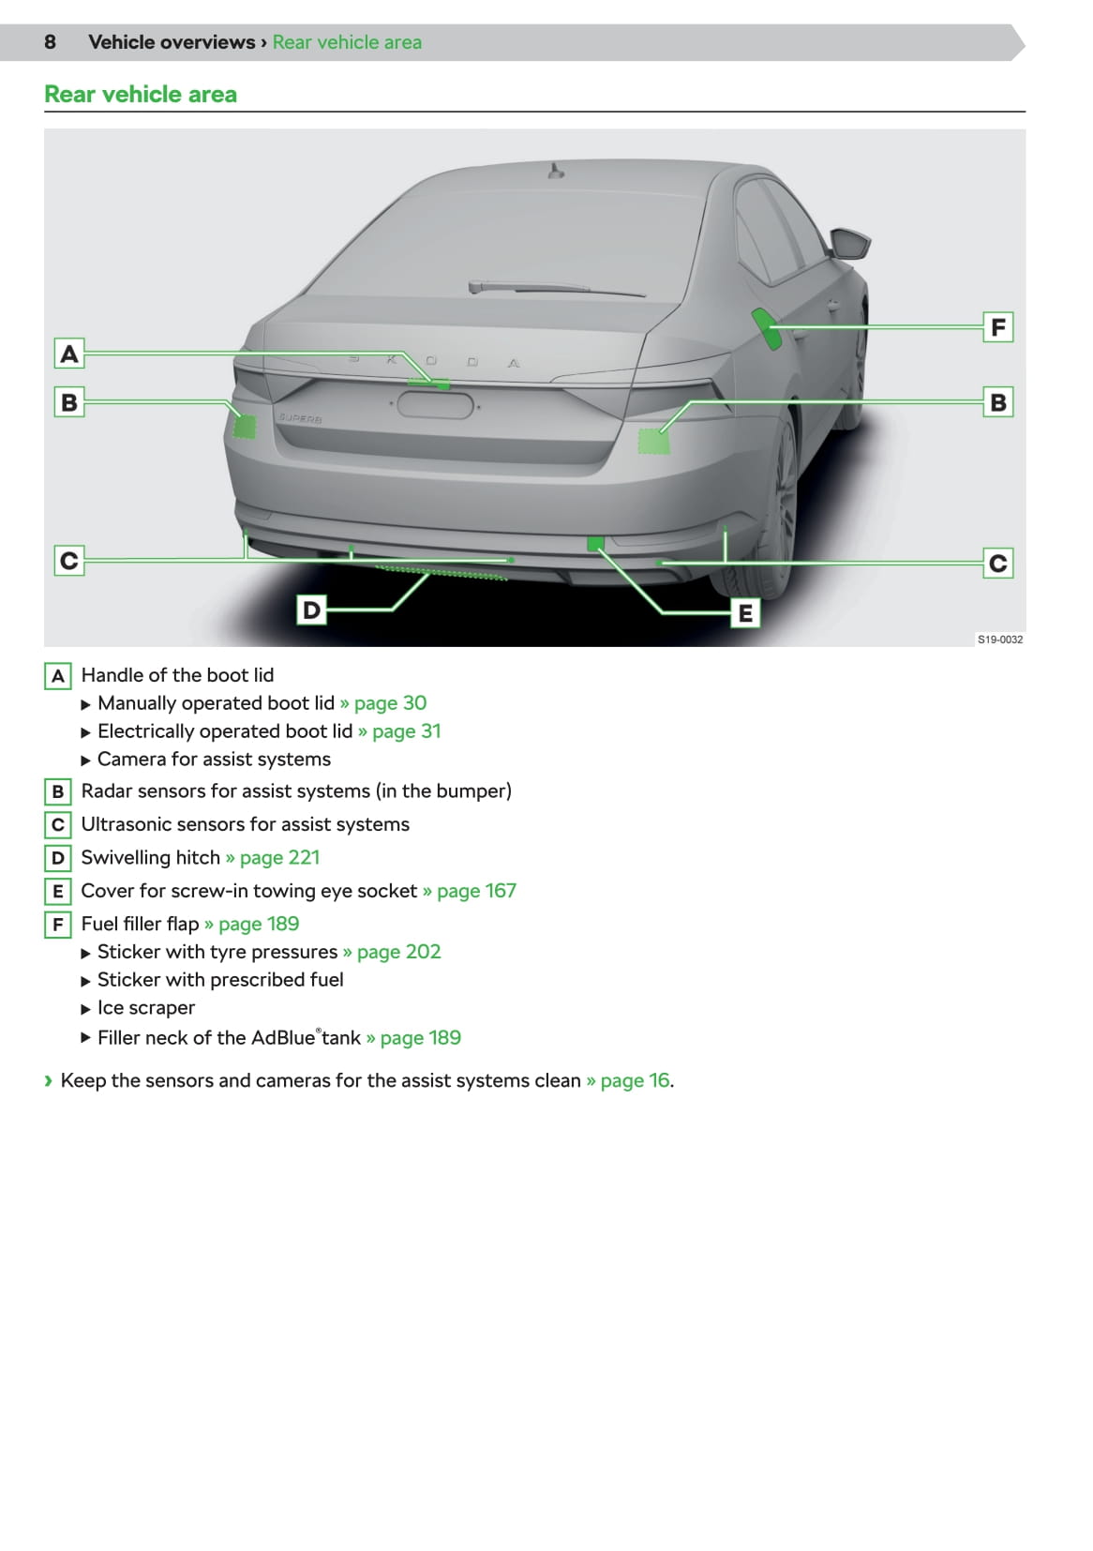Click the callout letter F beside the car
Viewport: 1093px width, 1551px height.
point(997,327)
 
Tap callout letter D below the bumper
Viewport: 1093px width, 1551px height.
point(311,610)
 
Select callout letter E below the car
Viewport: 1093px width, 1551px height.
point(745,613)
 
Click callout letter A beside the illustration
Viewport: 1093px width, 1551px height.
point(69,354)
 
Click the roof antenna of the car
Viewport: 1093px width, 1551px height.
point(556,171)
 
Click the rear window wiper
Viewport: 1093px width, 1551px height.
point(553,287)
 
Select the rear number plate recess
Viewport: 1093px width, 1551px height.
point(435,405)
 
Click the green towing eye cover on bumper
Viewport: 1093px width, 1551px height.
point(595,543)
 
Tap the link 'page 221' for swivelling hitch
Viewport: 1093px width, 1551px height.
point(278,858)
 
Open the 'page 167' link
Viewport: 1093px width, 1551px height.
point(475,891)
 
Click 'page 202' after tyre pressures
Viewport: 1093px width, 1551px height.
point(397,952)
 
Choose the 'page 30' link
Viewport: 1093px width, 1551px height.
point(389,703)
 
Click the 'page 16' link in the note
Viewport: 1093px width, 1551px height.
point(635,1080)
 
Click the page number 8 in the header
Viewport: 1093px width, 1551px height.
point(50,42)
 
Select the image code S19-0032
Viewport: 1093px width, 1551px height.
point(999,640)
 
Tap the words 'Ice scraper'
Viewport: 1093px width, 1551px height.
point(146,1008)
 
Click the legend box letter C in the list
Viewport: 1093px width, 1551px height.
point(58,825)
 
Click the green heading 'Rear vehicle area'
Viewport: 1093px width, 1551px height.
point(141,95)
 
